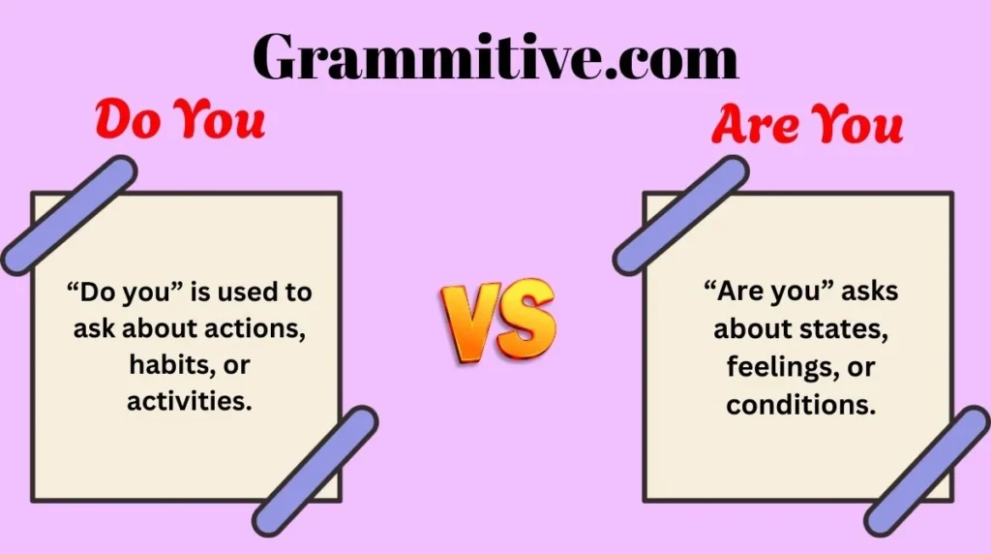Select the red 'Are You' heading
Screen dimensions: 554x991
point(807,125)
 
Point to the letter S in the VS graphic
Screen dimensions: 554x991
point(527,321)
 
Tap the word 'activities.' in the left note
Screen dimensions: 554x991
point(190,401)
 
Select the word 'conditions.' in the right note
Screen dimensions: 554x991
point(801,404)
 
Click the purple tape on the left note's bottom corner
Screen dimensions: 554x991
point(315,471)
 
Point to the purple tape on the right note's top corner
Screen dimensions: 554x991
point(681,215)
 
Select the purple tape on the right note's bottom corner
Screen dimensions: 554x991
point(927,471)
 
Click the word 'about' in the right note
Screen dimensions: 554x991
point(752,329)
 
